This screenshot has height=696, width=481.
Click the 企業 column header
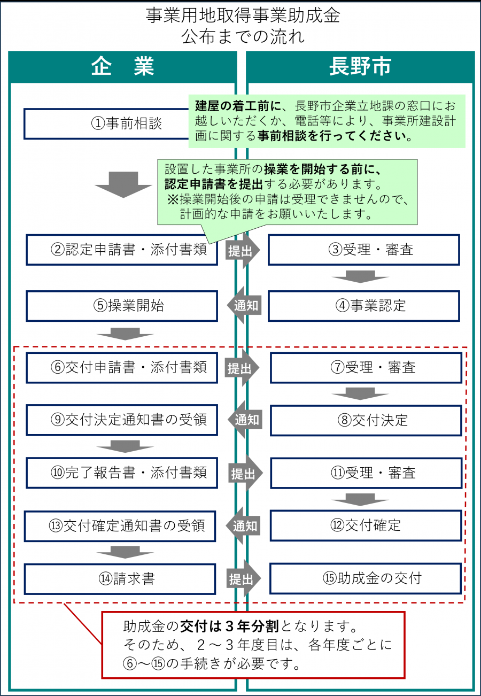click(x=122, y=67)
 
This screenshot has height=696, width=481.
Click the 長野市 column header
click(x=360, y=67)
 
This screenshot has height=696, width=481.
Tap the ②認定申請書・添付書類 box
click(x=122, y=250)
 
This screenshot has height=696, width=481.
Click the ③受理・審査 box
click(x=363, y=250)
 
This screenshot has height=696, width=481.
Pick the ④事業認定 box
click(x=363, y=306)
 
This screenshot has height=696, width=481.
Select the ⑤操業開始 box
click(x=122, y=306)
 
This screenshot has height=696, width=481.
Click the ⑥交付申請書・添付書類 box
click(x=122, y=368)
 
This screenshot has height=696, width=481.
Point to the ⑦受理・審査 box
click(x=366, y=368)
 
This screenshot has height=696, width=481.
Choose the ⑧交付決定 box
click(x=366, y=420)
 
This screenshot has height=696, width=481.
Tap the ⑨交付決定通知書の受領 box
click(x=122, y=420)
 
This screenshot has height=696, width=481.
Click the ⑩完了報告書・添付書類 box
click(x=122, y=473)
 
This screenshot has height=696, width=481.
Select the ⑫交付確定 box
click(x=366, y=525)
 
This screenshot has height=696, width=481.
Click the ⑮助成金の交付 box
click(x=366, y=578)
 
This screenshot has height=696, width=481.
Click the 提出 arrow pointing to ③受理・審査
click(x=242, y=250)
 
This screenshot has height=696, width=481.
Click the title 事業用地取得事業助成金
click(x=243, y=16)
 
